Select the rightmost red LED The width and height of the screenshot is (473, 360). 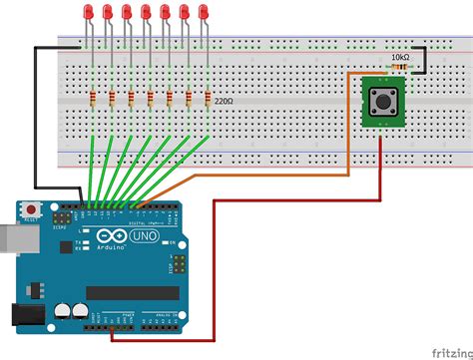click(x=205, y=13)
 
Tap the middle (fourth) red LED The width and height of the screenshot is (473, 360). click(x=147, y=13)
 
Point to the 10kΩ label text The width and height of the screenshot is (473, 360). click(x=400, y=58)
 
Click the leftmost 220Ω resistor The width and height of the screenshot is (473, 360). click(x=93, y=98)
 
